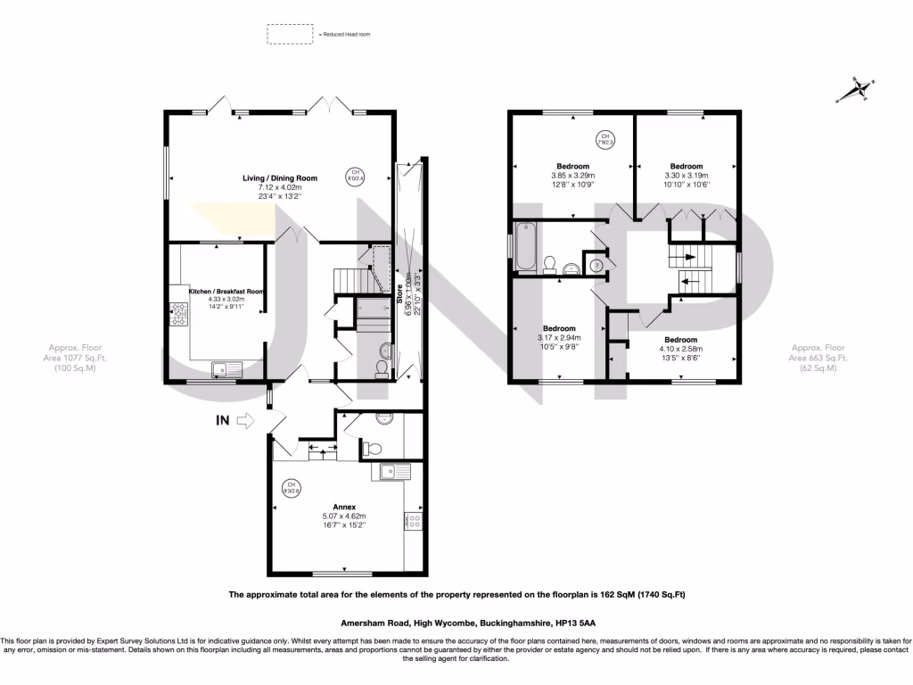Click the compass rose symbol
coord(860,89)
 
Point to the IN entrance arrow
coord(243,423)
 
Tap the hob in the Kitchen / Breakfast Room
coord(177,314)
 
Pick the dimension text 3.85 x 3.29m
coord(572,176)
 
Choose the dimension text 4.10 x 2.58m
coord(678,349)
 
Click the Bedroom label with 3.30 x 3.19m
coord(687,166)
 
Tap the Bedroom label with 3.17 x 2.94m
coord(559,327)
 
